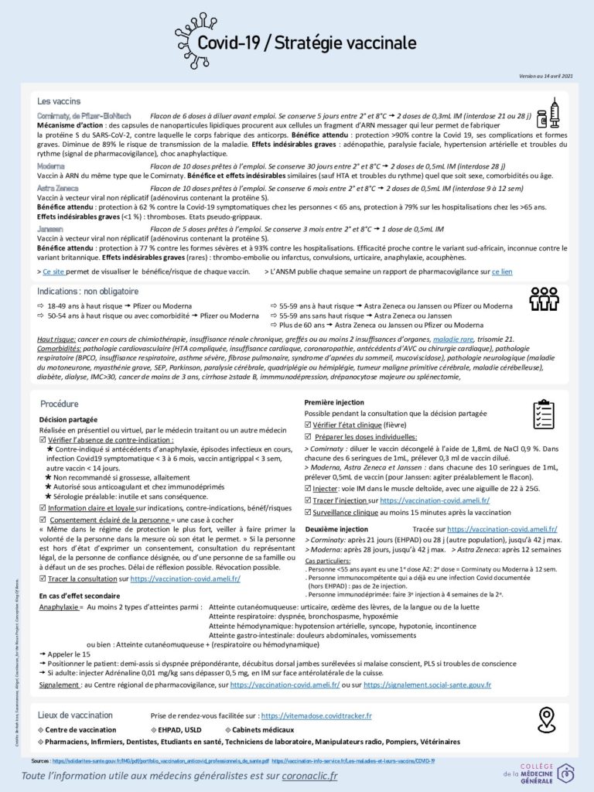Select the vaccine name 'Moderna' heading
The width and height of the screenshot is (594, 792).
(x=51, y=166)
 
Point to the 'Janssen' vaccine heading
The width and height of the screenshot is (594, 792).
(x=49, y=230)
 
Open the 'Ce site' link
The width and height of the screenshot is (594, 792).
(x=53, y=272)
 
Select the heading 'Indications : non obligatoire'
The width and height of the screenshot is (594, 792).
(x=88, y=292)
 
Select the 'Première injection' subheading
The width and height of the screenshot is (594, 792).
(x=334, y=402)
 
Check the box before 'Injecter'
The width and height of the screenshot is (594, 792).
(x=309, y=490)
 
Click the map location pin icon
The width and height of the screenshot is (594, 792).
(x=547, y=719)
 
